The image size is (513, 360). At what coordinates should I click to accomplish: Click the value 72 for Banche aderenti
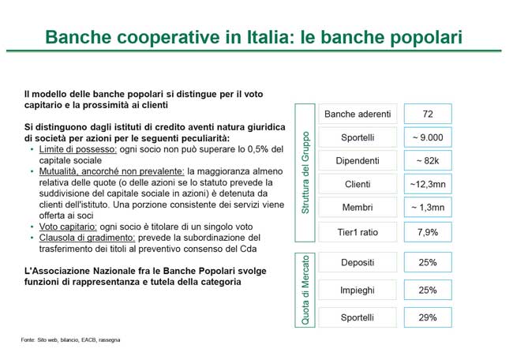[428, 114]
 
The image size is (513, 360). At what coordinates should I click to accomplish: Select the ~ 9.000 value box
[428, 137]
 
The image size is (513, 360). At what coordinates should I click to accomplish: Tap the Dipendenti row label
[358, 161]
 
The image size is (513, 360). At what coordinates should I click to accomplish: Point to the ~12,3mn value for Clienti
[428, 184]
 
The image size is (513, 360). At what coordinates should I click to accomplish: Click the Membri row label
[358, 207]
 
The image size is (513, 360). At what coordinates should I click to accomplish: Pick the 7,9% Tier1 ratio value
[428, 232]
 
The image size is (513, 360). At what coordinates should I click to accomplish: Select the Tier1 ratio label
[358, 232]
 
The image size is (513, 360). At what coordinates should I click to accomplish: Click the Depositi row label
[358, 262]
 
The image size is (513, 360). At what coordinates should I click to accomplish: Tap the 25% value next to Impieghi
[428, 290]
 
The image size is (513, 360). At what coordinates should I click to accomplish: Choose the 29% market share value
[428, 317]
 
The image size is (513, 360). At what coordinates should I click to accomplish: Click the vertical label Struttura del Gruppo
[305, 173]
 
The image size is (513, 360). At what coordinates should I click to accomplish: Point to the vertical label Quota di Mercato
[305, 290]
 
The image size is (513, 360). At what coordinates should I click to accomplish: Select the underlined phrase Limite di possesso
[78, 149]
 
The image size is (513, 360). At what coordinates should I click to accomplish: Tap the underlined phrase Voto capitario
[68, 227]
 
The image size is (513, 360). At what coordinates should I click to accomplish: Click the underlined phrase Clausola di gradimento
[87, 238]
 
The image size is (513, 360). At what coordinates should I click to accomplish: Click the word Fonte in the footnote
[28, 340]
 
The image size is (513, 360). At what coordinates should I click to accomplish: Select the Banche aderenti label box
[358, 114]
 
